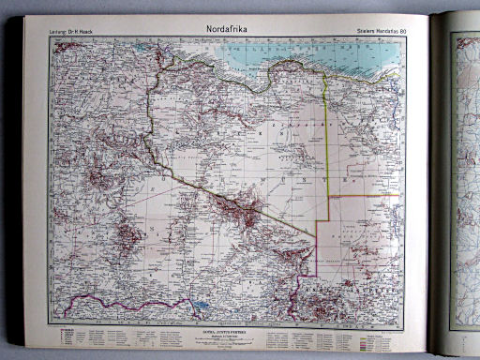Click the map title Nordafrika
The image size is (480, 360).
(x=233, y=28)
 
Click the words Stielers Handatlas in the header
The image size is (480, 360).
(x=374, y=35)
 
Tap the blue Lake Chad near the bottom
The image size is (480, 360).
(x=200, y=304)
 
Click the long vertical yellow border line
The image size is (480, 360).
(x=327, y=141)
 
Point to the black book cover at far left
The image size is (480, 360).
(x=11, y=187)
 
